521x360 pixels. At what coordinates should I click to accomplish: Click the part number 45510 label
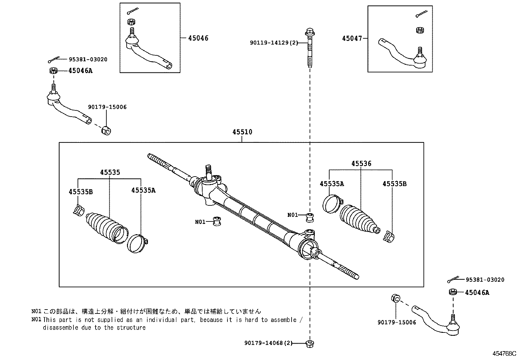242,132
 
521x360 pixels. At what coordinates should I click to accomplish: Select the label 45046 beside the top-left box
198,38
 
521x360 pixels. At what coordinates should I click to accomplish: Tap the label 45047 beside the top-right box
352,38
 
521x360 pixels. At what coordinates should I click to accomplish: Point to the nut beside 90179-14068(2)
310,344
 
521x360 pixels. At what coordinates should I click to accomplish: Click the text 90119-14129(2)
274,43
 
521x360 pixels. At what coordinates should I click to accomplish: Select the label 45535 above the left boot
110,172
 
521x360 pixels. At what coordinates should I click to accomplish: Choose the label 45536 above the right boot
361,163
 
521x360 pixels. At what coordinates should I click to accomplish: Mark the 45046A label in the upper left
80,71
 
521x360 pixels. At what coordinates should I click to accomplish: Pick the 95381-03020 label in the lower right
485,280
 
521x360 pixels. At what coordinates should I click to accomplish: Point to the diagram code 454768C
504,354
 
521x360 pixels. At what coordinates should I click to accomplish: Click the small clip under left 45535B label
78,211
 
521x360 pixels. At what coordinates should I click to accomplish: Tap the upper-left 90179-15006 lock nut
106,130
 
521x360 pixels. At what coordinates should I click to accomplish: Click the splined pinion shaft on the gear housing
208,171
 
